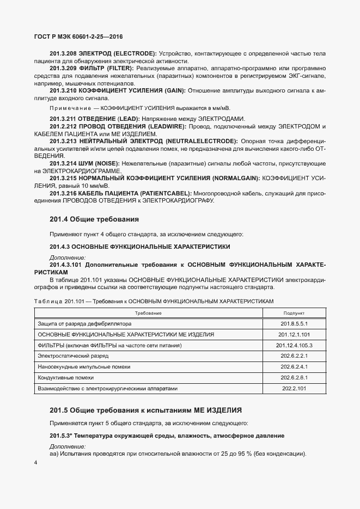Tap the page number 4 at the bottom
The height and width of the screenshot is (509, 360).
[x=35, y=462]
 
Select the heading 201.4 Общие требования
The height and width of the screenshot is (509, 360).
[x=94, y=219]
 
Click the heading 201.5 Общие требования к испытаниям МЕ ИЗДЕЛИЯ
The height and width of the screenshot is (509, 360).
[x=145, y=409]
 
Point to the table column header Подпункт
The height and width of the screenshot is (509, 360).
[x=294, y=314]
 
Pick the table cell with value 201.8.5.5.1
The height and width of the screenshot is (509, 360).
[x=294, y=323]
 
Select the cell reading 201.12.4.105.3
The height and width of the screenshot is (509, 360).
[x=294, y=345]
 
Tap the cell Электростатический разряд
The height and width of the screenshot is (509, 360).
[x=73, y=356]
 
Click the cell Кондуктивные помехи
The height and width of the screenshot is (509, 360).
[x=65, y=377]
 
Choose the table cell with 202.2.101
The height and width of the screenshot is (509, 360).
[x=294, y=388]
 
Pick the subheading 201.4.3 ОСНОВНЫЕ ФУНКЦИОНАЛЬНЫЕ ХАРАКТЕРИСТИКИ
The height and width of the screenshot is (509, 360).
[x=139, y=247]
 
